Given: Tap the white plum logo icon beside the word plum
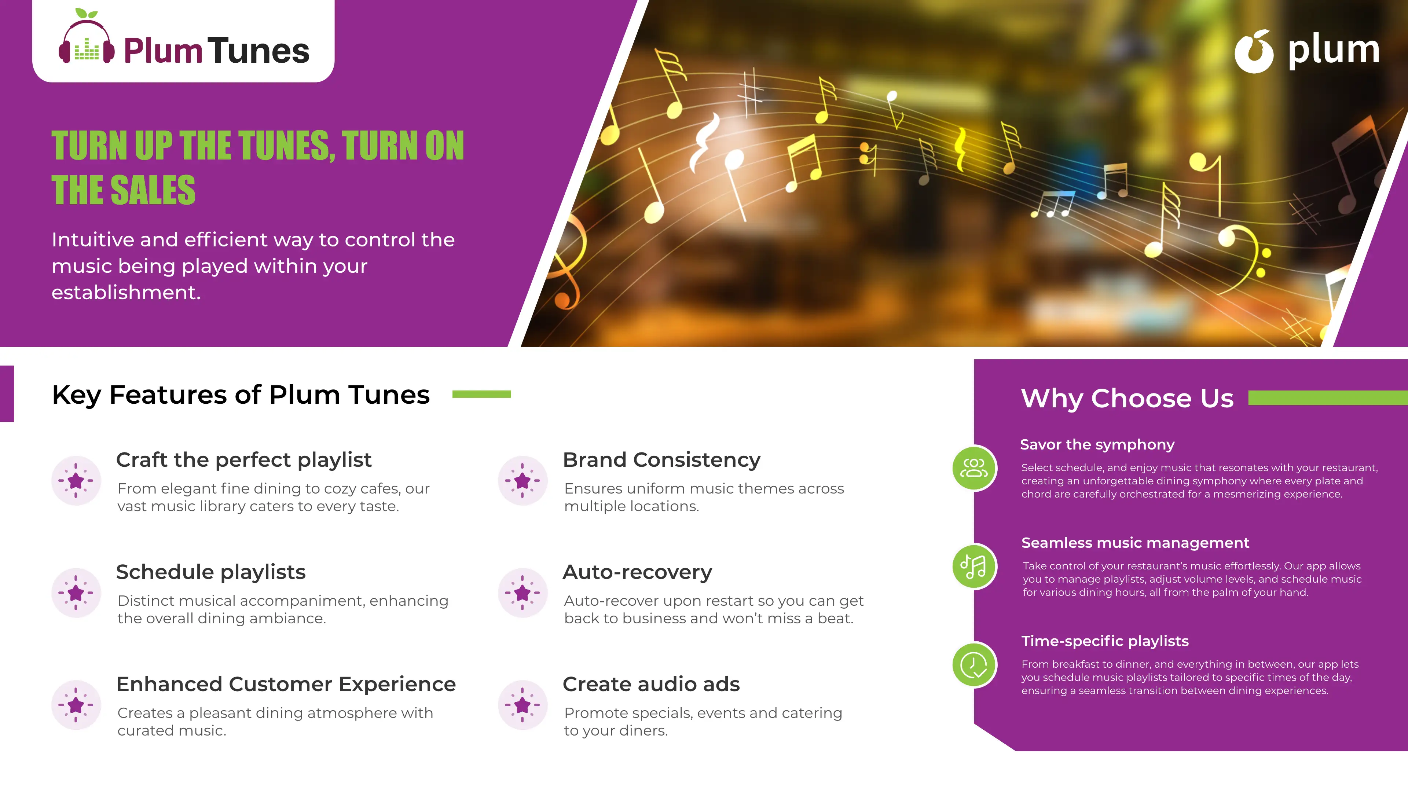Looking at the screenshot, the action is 1254,51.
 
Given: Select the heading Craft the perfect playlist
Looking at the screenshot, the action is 244,460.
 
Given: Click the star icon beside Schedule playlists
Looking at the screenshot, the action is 76,593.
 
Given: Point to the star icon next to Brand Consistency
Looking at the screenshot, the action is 522,480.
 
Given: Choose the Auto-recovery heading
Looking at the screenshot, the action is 637,572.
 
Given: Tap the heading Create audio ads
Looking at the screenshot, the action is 651,684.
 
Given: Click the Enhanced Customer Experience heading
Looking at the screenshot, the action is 286,684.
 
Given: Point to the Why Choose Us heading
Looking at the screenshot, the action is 1127,398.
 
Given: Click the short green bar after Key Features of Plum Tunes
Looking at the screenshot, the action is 481,394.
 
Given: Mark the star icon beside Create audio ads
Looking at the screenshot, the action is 522,705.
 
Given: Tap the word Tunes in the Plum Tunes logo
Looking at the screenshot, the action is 258,51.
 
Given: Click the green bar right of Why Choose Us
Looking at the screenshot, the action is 1328,398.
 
